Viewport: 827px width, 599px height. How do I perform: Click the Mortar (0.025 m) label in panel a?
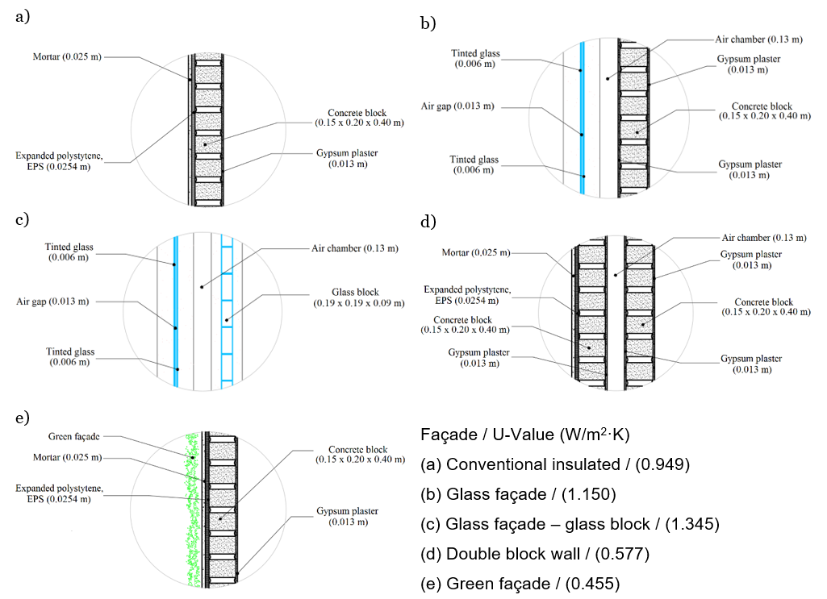[x=67, y=57]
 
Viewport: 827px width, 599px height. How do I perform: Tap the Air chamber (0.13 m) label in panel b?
[x=758, y=39]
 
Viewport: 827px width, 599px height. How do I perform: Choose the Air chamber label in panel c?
[x=354, y=248]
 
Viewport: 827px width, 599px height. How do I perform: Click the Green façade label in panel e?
[x=73, y=436]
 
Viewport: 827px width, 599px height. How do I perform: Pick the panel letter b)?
[x=428, y=23]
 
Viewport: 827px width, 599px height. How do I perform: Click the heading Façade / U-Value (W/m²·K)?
[x=524, y=435]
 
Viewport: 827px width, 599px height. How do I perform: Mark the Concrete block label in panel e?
[x=357, y=454]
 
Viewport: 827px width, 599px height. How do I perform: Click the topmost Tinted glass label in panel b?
[x=475, y=58]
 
